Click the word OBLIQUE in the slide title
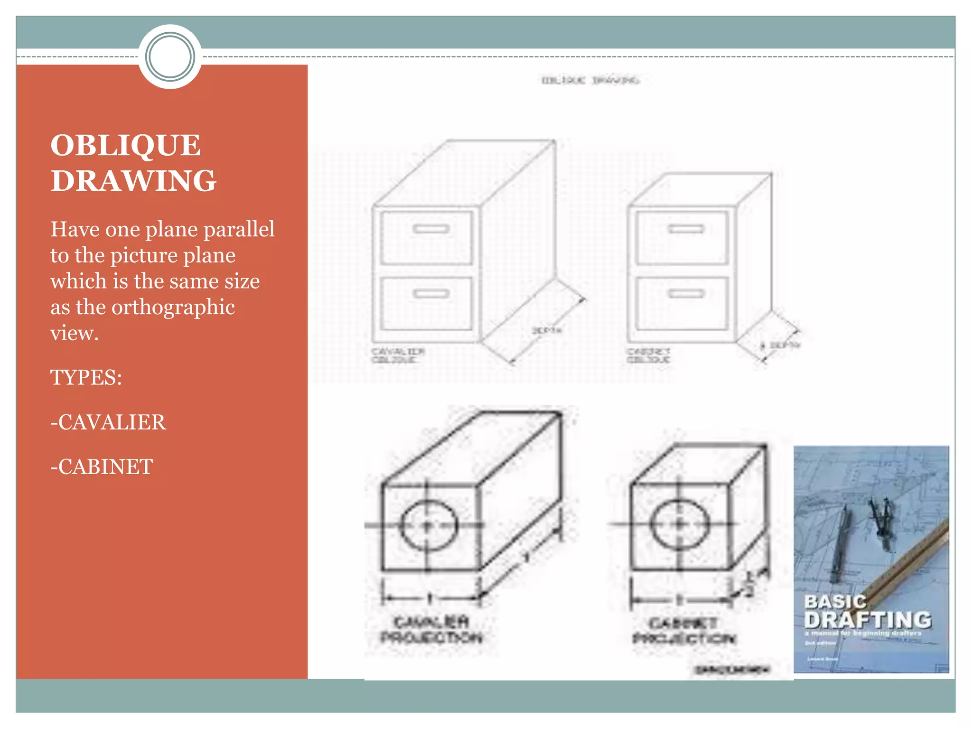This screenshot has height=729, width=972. point(125,145)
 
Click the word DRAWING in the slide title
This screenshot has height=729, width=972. point(133,181)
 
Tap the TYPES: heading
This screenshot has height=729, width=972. point(86,378)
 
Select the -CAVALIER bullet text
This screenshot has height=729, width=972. point(108,422)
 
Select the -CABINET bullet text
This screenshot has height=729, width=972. point(102,467)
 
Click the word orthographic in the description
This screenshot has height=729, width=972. point(173,307)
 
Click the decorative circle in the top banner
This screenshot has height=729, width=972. point(170,56)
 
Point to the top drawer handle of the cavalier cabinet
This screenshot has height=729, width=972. point(431,229)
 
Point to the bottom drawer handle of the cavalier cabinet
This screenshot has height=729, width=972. point(431,294)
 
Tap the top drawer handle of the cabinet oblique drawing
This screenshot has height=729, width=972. point(686,229)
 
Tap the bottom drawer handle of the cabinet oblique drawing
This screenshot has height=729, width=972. point(686,294)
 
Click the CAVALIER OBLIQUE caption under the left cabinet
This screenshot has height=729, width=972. point(398,355)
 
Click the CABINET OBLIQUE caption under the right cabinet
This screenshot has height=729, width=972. point(648,355)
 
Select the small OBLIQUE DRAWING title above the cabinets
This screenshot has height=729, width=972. point(590,80)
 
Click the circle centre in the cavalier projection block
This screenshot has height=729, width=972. point(428,525)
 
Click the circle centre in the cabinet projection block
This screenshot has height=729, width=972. point(680,524)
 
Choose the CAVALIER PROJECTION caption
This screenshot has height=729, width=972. point(431,629)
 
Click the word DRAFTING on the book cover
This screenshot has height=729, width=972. point(868,620)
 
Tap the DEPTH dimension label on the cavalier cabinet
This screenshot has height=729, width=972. point(547,330)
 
